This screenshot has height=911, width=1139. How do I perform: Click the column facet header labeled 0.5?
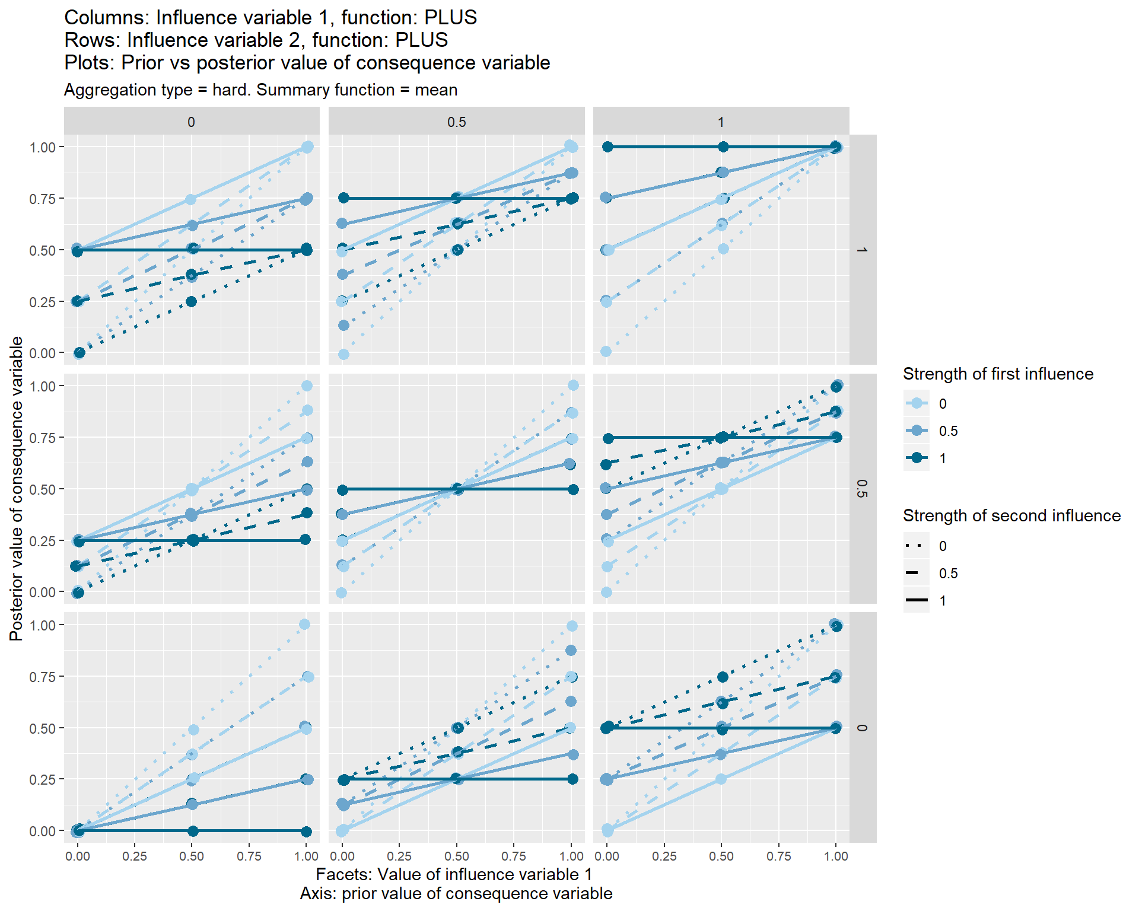click(x=456, y=122)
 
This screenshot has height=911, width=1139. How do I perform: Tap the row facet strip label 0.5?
click(x=863, y=489)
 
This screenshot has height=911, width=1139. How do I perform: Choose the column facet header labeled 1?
click(x=721, y=122)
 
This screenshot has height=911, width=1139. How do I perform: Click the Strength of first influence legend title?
click(x=998, y=374)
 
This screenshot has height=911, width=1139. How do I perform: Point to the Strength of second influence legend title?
click(x=1011, y=516)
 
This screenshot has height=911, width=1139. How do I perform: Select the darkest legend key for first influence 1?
click(x=917, y=458)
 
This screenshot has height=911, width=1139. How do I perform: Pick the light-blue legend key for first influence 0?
click(x=917, y=403)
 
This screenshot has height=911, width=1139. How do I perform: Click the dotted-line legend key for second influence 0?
click(x=917, y=546)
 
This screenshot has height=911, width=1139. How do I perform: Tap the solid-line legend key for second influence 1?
click(x=917, y=600)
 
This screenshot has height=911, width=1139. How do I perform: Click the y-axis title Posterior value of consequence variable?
click(x=17, y=489)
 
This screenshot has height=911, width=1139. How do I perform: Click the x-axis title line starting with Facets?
click(x=454, y=874)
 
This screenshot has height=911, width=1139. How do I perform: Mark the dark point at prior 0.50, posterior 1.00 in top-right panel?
click(x=723, y=147)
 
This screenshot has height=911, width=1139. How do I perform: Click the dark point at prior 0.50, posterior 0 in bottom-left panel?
click(x=193, y=831)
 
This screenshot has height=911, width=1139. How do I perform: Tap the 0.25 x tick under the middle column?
click(x=399, y=856)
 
